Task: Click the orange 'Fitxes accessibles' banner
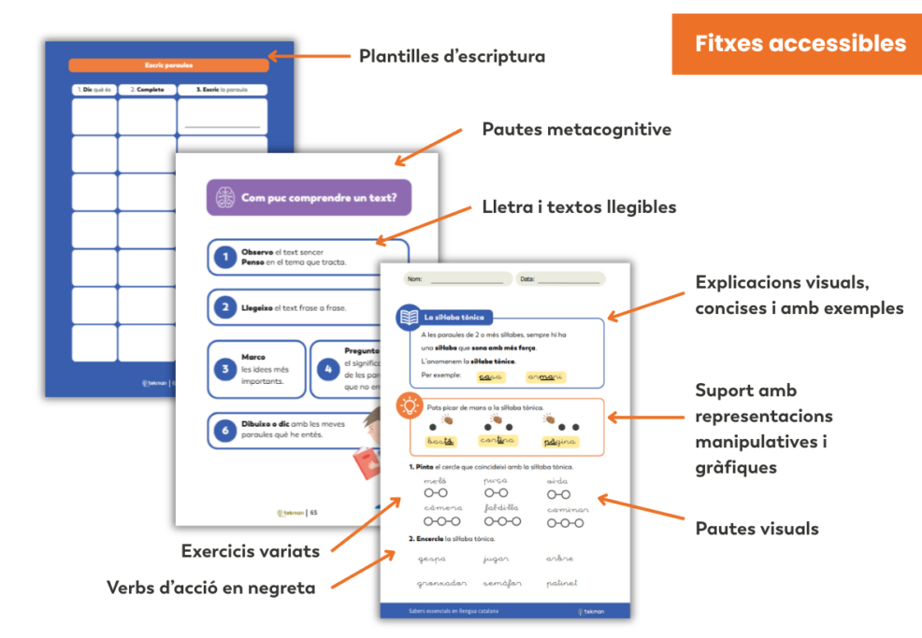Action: (800, 44)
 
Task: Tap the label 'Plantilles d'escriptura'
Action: (452, 56)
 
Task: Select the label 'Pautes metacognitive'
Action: (576, 129)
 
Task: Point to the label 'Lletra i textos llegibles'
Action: (579, 207)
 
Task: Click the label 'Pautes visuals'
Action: (756, 529)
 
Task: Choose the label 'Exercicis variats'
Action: (250, 551)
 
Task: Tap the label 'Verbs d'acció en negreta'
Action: (210, 588)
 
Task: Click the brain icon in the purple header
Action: (225, 197)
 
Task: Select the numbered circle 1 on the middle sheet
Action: (224, 257)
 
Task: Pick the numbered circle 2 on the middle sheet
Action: (224, 306)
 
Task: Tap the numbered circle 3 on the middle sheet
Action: (224, 369)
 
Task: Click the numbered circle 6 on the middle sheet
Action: (224, 431)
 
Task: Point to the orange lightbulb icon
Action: (409, 405)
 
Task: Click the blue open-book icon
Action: (409, 318)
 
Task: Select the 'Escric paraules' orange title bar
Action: (168, 65)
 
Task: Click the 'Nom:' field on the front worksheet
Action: (458, 278)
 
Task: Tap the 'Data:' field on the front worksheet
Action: (561, 278)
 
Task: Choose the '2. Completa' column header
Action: (147, 90)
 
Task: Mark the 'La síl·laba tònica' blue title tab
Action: (454, 318)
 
